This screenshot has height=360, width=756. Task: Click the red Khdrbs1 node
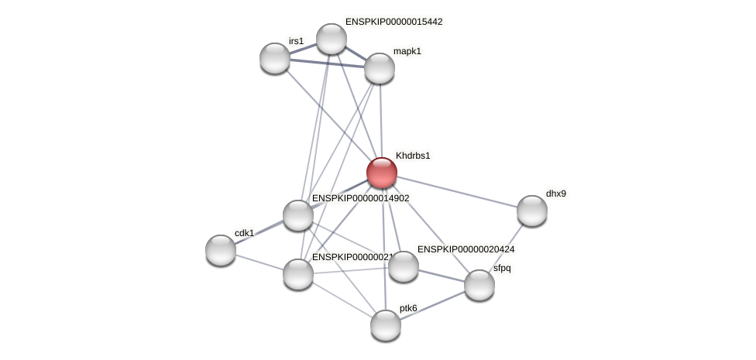[381, 173]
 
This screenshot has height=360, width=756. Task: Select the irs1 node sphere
[274, 58]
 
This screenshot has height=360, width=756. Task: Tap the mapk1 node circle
[379, 68]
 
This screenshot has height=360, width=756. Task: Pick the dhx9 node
[531, 211]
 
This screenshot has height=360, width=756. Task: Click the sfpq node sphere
[479, 285]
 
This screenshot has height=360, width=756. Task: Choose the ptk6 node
[385, 325]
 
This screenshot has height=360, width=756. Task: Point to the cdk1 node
[221, 250]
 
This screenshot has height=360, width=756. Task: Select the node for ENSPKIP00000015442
[331, 39]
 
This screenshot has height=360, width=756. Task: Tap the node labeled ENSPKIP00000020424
[403, 266]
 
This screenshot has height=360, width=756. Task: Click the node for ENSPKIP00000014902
[297, 215]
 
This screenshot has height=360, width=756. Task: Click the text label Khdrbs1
[412, 156]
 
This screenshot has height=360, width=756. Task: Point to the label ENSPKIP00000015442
[393, 22]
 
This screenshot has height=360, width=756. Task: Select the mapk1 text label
[407, 51]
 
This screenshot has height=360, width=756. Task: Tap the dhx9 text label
[555, 194]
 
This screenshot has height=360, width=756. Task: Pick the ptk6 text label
[408, 308]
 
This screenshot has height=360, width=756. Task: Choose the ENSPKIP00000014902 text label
[360, 198]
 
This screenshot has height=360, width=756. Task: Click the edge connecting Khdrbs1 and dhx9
[457, 192]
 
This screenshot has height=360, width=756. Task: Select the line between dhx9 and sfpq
[507, 245]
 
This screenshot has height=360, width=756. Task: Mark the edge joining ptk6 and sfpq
[432, 305]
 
